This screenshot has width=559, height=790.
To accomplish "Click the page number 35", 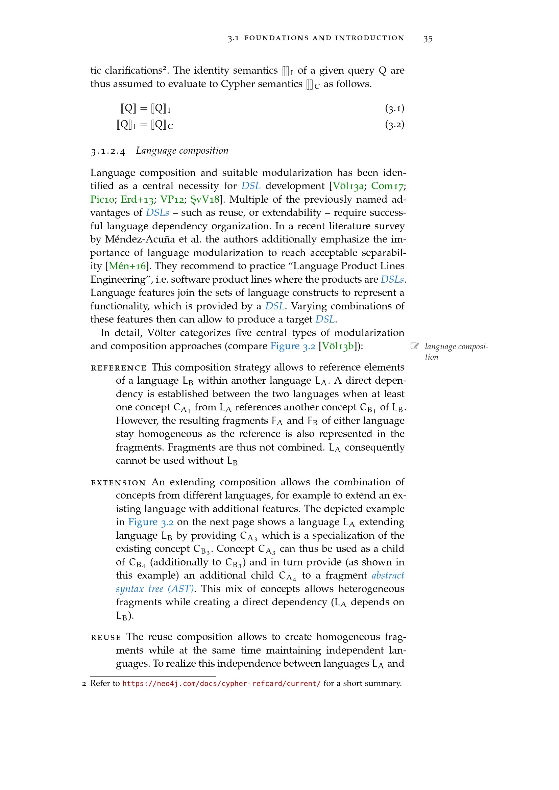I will point(428,39).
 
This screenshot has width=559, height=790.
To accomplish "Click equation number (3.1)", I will point(394,109).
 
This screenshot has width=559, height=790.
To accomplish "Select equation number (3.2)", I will point(394,125).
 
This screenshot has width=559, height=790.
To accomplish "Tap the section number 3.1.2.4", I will point(108,151).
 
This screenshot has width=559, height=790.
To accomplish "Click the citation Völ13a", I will point(348,186).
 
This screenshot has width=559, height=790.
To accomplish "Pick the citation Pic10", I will point(102,200).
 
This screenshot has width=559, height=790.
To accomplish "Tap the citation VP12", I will point(172,200).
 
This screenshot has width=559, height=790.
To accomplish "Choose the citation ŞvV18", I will point(205,200).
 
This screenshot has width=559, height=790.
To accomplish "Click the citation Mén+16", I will point(127,266).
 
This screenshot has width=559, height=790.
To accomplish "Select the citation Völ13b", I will point(339,346).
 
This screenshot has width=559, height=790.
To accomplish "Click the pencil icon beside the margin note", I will point(415,346).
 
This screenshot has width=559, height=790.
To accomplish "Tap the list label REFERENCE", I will point(119,368).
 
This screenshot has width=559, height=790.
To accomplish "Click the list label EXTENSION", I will point(118,483).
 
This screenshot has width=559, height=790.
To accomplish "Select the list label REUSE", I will point(106,638).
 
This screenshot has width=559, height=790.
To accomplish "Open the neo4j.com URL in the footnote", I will point(221,683).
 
